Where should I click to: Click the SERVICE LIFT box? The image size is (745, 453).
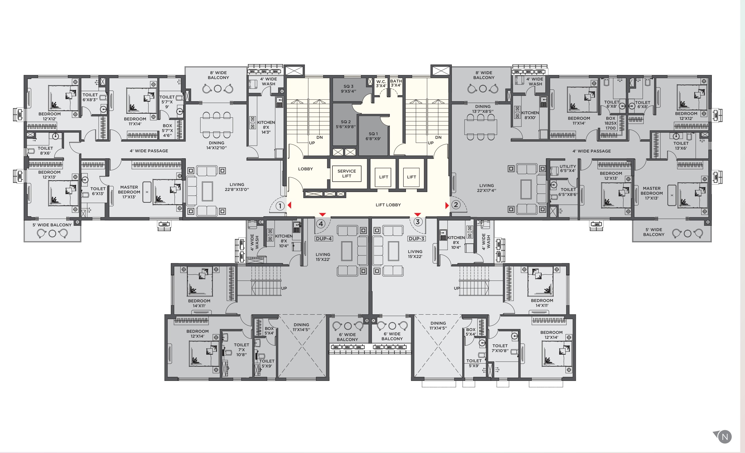pyautogui.click(x=347, y=174)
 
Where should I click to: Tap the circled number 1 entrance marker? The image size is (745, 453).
pyautogui.click(x=280, y=206)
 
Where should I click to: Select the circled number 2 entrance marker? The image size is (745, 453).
pyautogui.click(x=456, y=205)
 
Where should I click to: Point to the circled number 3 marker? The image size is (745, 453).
pyautogui.click(x=418, y=222)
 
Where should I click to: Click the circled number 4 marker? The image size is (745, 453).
pyautogui.click(x=321, y=224)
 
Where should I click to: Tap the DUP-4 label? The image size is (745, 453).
pyautogui.click(x=323, y=238)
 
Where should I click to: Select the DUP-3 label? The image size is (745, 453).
pyautogui.click(x=416, y=238)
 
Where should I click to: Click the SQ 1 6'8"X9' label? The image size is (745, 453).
pyautogui.click(x=373, y=136)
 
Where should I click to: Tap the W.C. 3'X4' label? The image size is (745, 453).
pyautogui.click(x=381, y=84)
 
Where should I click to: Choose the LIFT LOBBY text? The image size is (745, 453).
pyautogui.click(x=388, y=205)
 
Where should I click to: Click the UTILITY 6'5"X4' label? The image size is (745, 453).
pyautogui.click(x=568, y=168)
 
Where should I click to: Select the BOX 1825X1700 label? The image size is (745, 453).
pyautogui.click(x=610, y=123)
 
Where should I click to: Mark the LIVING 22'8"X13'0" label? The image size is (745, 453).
pyautogui.click(x=236, y=187)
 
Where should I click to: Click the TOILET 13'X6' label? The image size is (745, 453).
pyautogui.click(x=681, y=146)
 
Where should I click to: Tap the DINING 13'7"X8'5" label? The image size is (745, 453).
pyautogui.click(x=482, y=109)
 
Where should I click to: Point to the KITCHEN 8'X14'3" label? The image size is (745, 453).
pyautogui.click(x=266, y=127)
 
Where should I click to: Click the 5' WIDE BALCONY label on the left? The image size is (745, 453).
pyautogui.click(x=52, y=225)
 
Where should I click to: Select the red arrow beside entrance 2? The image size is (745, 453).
pyautogui.click(x=447, y=206)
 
